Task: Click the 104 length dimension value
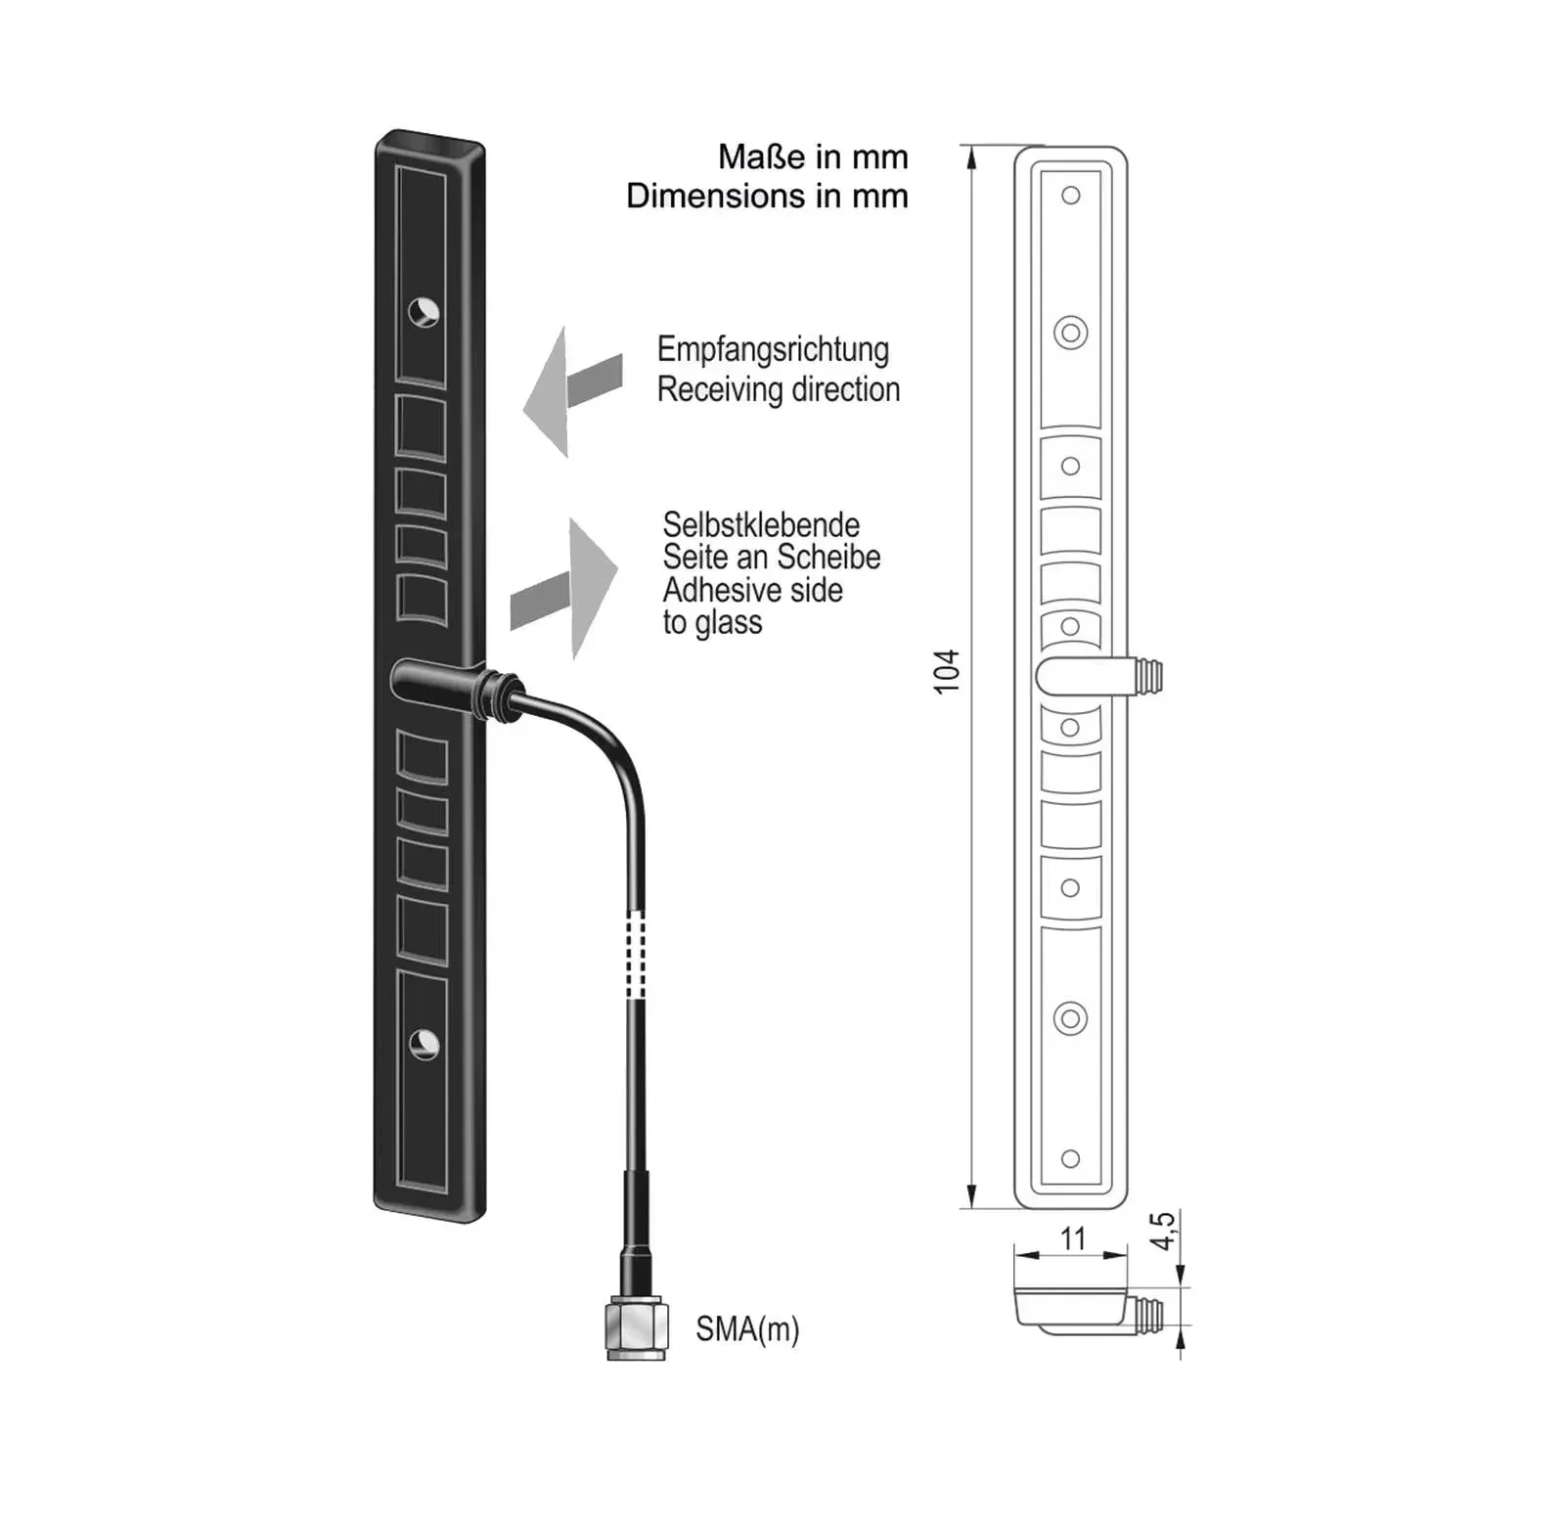[x=947, y=672]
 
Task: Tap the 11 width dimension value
[x=1073, y=1238]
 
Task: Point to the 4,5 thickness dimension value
[x=1162, y=1231]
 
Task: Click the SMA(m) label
[x=747, y=1329]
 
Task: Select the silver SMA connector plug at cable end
[x=637, y=1327]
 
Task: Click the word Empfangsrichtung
[x=773, y=349]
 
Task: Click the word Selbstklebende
[x=761, y=524]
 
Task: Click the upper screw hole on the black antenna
[x=424, y=312]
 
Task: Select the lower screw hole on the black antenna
[x=424, y=1045]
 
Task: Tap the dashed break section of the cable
[x=637, y=955]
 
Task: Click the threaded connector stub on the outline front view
[x=1148, y=675]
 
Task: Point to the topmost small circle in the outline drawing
[x=1071, y=196]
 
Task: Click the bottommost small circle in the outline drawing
[x=1071, y=1159]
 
